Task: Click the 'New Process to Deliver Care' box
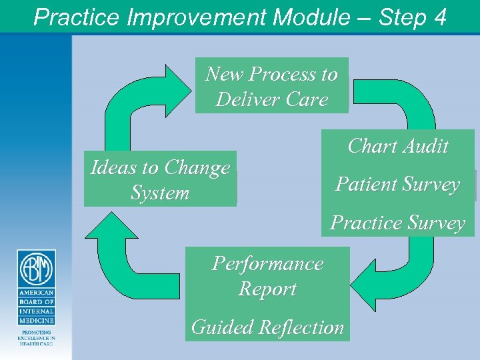271,87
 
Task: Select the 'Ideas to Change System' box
160,180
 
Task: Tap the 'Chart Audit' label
398,146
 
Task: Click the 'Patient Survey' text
398,184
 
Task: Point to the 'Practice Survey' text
398,222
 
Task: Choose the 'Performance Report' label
267,276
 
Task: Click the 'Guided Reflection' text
267,327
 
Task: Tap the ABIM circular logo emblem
36,269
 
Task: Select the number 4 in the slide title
439,17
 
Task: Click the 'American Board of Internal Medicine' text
36,307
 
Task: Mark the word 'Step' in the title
401,17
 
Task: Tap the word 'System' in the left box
160,193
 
